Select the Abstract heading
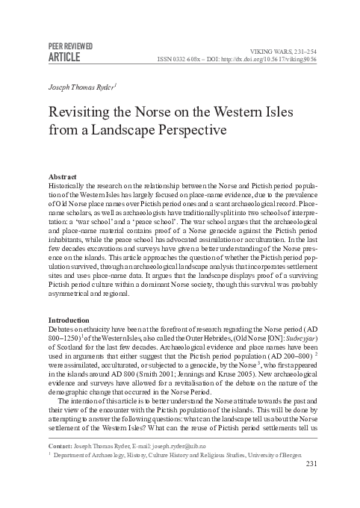62,176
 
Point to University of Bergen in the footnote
290,476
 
